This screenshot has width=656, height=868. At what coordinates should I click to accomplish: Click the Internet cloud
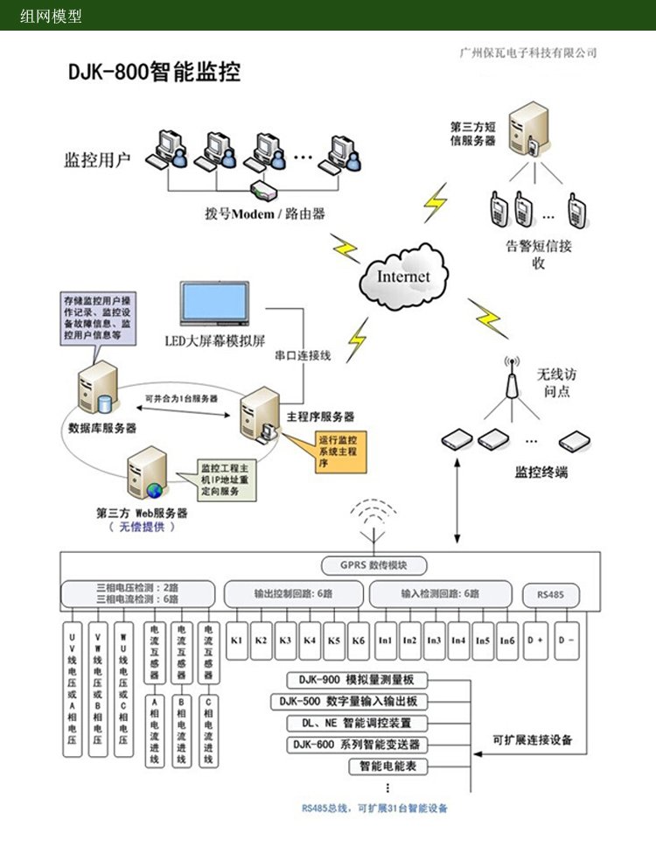(403, 277)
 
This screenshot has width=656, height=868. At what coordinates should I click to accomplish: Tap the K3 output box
(285, 640)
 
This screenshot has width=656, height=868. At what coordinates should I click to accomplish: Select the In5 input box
(483, 640)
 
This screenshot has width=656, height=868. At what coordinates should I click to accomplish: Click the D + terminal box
(535, 640)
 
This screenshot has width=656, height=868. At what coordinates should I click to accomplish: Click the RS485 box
(548, 594)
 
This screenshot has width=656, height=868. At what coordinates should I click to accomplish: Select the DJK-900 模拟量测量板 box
(357, 680)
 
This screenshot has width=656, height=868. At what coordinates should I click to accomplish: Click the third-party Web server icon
(145, 473)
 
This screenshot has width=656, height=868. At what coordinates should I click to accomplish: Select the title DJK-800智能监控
(154, 72)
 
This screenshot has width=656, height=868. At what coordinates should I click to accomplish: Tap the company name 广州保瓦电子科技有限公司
(528, 52)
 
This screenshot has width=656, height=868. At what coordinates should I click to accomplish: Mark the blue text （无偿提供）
(142, 527)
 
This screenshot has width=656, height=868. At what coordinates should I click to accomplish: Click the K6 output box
(359, 640)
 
